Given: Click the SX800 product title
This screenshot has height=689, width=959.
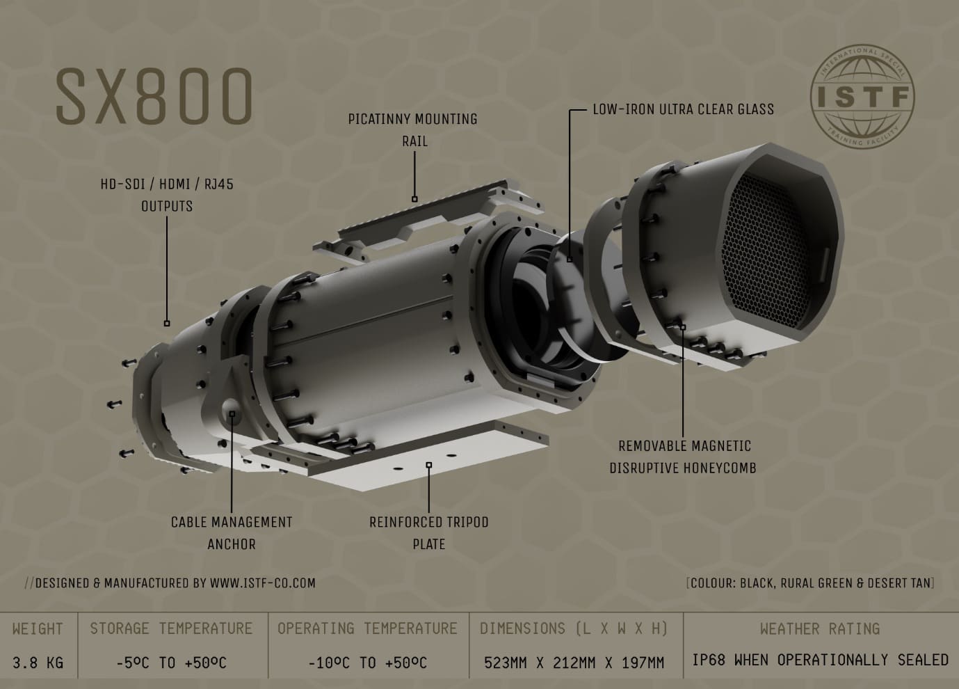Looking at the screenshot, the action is click(x=154, y=96).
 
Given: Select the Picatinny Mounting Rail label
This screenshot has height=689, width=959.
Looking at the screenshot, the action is click(x=413, y=130).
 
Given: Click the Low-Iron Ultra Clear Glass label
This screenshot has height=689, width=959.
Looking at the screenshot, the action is click(x=684, y=109).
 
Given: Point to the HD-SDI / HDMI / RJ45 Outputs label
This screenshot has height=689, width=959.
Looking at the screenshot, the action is click(x=167, y=196).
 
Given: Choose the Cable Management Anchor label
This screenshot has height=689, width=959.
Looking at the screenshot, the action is click(x=232, y=533).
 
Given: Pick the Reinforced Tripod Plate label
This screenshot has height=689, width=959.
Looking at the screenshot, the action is click(x=429, y=533).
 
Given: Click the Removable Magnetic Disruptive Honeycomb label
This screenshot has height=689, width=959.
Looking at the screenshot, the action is click(x=684, y=457).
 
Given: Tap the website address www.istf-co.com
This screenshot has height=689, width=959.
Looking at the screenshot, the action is click(x=262, y=583).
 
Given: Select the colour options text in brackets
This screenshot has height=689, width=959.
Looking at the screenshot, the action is click(x=810, y=583).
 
